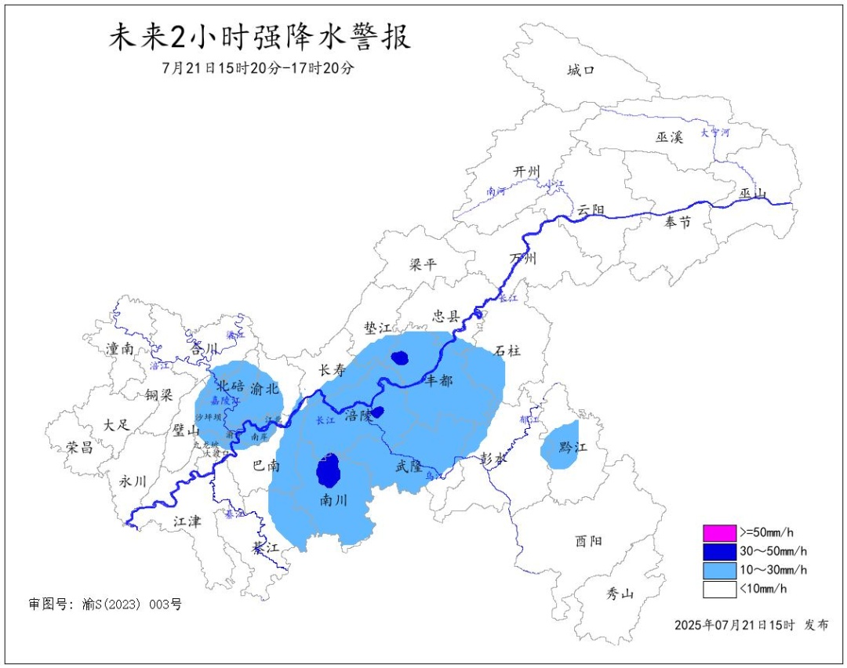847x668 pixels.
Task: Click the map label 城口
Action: tap(581, 71)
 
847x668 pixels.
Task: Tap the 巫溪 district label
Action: tap(670, 137)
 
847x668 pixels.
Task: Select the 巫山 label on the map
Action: tap(754, 194)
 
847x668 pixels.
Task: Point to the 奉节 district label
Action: tap(678, 223)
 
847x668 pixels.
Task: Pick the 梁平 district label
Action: tap(423, 265)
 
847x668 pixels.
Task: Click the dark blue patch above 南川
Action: tap(329, 470)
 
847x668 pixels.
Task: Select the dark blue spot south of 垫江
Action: tap(401, 358)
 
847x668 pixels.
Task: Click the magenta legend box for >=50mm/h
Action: tap(720, 533)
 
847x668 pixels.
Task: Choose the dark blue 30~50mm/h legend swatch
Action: tap(720, 551)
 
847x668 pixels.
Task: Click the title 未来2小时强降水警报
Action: tap(259, 38)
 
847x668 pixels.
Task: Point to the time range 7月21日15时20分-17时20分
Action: tap(258, 68)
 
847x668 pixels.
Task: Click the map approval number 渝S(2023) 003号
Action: tap(105, 604)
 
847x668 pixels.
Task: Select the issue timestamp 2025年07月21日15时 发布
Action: tap(751, 625)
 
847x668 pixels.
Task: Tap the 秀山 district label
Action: tap(620, 594)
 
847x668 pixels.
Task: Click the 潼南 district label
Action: tap(119, 350)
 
